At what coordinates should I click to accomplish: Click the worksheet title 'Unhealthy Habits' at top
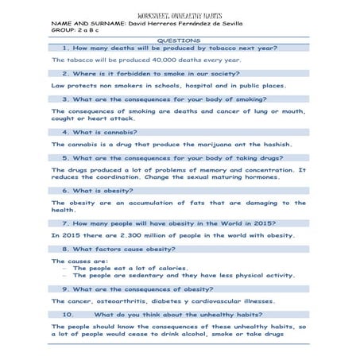pos(179,15)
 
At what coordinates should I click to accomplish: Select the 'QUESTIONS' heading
pos(180,41)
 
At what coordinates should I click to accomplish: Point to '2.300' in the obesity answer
pos(106,236)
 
